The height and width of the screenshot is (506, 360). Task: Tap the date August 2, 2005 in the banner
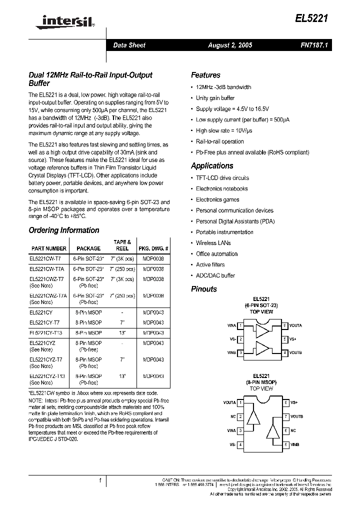230,45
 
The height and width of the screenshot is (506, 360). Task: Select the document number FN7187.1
313,45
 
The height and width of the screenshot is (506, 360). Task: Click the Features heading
205,75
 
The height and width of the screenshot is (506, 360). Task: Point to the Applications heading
212,166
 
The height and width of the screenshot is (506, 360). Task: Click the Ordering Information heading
64,230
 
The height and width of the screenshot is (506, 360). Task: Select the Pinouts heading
204,289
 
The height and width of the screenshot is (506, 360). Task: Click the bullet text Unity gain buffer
215,98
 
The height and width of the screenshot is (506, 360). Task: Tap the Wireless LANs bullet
213,243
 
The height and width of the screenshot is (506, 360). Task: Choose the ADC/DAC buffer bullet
215,275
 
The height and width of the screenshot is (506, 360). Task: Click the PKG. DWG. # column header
153,248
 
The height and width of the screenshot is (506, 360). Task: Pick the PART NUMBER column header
48,248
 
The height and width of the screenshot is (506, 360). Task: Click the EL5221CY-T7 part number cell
45,322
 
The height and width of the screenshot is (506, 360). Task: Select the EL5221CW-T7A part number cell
46,268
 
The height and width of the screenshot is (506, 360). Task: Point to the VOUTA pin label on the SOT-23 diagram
295,326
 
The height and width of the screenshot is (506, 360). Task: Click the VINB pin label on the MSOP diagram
295,444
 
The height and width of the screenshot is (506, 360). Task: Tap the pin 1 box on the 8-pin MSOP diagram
241,402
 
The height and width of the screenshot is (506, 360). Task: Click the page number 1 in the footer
100,480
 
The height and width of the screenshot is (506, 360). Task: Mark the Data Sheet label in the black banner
129,45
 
